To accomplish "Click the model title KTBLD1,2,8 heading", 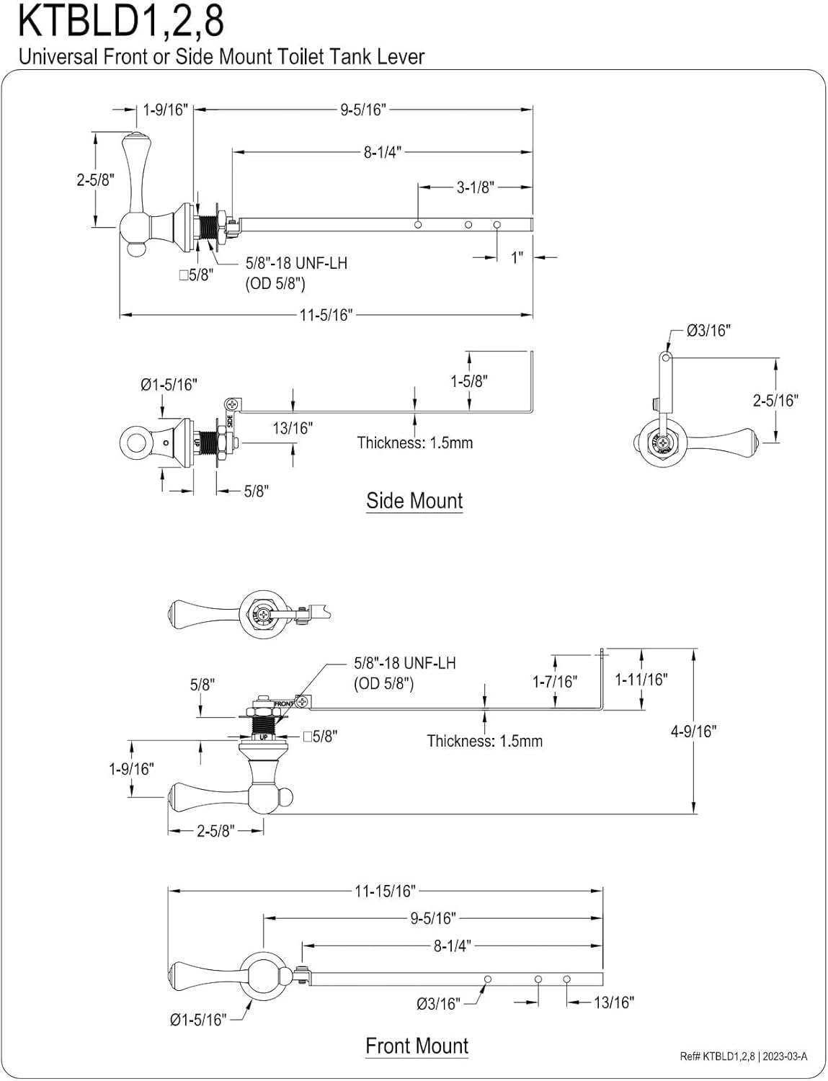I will [x=120, y=22].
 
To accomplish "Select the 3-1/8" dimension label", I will [x=475, y=187].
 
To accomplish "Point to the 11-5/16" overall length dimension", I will [x=326, y=315].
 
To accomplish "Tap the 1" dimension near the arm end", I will [x=517, y=257].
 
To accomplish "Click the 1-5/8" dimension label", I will [x=469, y=381].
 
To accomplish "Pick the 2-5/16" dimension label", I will [x=775, y=400].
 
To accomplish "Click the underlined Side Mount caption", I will [x=414, y=500].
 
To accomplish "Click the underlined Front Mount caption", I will [x=417, y=1046].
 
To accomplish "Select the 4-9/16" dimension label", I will [x=693, y=731].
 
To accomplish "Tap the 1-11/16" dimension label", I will [x=641, y=679].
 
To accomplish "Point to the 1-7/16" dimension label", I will [x=555, y=681].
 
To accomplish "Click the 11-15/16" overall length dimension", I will [x=385, y=891].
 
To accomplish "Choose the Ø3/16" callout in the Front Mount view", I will [x=437, y=1003].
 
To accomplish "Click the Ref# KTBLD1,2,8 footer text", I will [x=717, y=1056].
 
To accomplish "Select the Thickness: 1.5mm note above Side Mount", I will [x=415, y=442].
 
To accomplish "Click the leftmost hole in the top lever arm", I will [x=418, y=225].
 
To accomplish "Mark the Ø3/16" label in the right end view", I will [x=708, y=330].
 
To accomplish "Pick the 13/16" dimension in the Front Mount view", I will [x=613, y=1002].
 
